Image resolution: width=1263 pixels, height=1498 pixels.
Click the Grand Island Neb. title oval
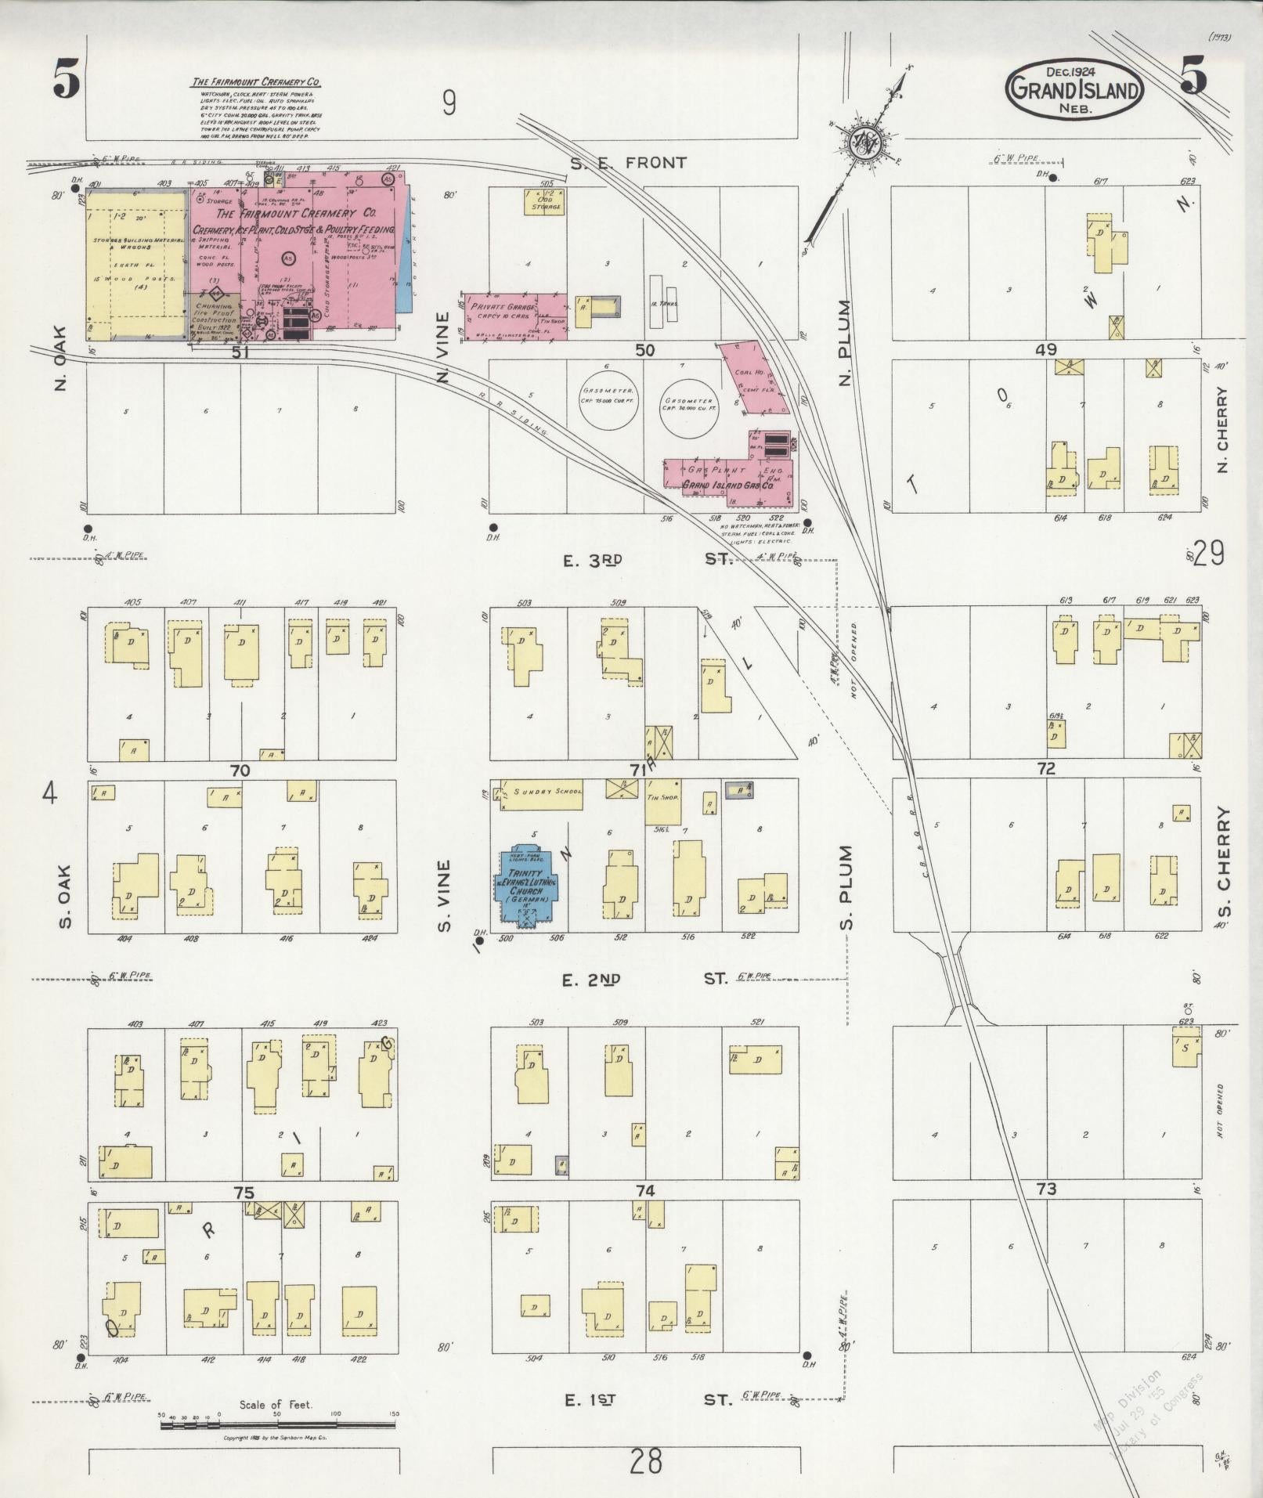click(x=1074, y=88)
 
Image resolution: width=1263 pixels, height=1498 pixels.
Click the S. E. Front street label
click(x=628, y=163)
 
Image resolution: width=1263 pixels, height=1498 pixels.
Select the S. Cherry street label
click(x=1223, y=861)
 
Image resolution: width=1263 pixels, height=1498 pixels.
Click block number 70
click(x=240, y=771)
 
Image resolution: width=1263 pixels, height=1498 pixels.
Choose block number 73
click(x=1046, y=1211)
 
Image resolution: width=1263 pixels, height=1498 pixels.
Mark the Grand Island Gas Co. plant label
click(x=728, y=485)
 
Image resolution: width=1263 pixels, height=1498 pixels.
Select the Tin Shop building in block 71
click(x=663, y=801)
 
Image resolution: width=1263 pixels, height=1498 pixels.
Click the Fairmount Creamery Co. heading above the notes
click(x=257, y=82)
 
